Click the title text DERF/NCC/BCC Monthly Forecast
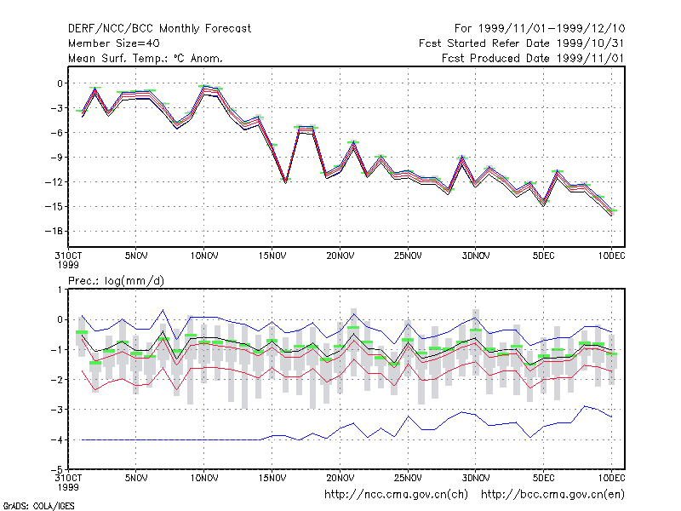159,29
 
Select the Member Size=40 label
114,43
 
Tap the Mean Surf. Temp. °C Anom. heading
145,58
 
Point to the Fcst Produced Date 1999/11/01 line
533,58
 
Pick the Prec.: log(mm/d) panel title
116,281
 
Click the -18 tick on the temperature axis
54,231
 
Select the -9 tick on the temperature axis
56,158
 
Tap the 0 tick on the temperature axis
60,83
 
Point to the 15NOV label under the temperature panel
272,256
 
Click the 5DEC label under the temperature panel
544,256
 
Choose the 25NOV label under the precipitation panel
408,478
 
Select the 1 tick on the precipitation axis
60,290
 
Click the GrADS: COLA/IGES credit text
38,506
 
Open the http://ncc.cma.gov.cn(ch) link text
396,495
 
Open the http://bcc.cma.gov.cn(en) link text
552,495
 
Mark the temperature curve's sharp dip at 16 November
285,181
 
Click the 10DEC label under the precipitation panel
611,478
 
